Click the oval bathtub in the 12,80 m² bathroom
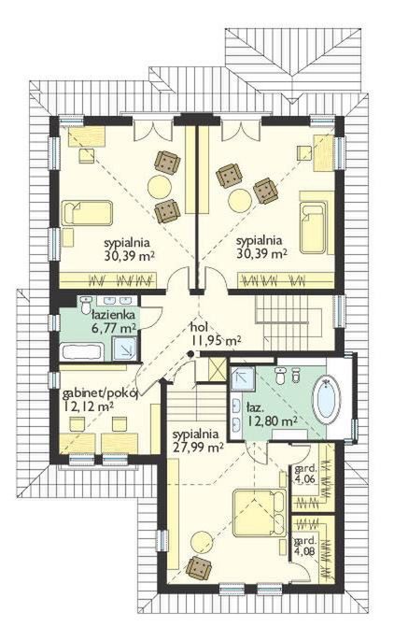point(326,401)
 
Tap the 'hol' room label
point(200,327)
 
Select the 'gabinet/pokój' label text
point(101,394)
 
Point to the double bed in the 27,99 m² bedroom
point(259,514)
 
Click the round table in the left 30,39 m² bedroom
point(160,187)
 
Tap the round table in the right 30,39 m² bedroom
point(241,200)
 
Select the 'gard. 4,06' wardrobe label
point(305,474)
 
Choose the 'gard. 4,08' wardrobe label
point(304,545)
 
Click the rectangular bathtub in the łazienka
point(81,352)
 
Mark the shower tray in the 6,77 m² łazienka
point(124,349)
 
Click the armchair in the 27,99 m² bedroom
point(199,568)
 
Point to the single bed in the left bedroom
point(87,213)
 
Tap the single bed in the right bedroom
point(313,228)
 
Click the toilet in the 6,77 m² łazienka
point(86,305)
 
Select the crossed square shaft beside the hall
point(217,370)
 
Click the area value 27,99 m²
point(198,447)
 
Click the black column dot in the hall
point(190,353)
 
